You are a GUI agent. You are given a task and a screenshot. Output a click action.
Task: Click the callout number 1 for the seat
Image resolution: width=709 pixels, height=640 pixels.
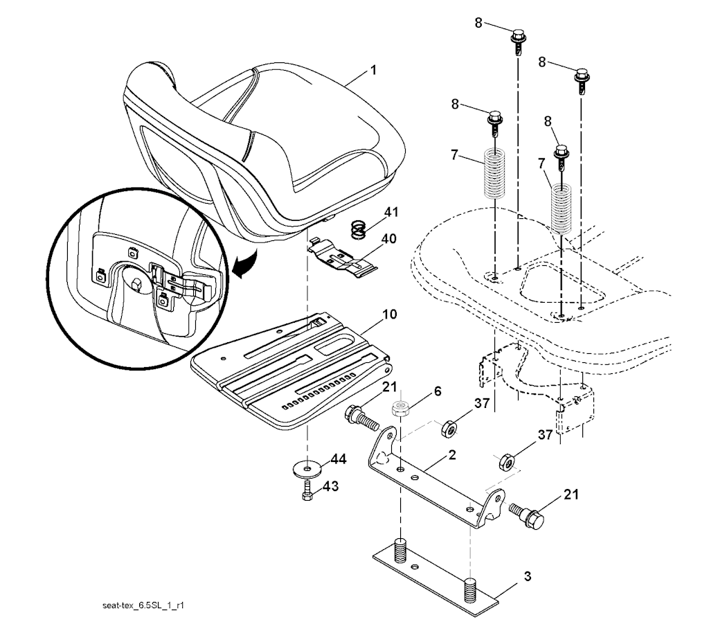373,70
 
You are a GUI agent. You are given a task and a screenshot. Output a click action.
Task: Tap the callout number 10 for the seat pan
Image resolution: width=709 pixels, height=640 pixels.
389,314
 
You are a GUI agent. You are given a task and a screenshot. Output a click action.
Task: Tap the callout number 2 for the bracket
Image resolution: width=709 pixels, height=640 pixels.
452,454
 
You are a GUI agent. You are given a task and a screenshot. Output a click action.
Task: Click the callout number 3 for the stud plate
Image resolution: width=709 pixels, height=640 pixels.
527,577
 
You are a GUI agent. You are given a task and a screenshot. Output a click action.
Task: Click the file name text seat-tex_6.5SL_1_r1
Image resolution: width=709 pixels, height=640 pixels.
143,605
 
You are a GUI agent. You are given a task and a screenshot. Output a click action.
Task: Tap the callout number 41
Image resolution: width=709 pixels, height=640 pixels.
392,212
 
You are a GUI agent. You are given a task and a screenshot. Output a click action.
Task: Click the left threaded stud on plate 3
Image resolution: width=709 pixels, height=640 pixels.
401,550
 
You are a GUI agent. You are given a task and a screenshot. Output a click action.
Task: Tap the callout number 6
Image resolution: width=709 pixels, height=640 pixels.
438,391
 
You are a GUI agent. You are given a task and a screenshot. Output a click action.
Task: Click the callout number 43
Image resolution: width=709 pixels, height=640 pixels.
330,486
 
